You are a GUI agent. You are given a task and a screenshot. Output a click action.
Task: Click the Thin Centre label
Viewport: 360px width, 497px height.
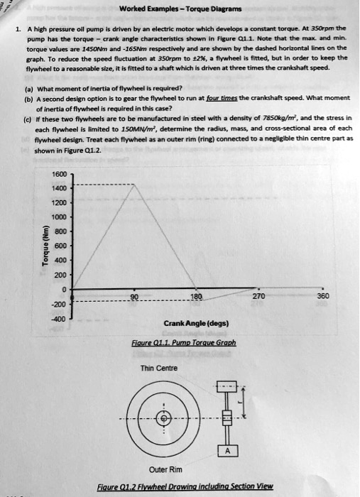[x=157, y=368]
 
